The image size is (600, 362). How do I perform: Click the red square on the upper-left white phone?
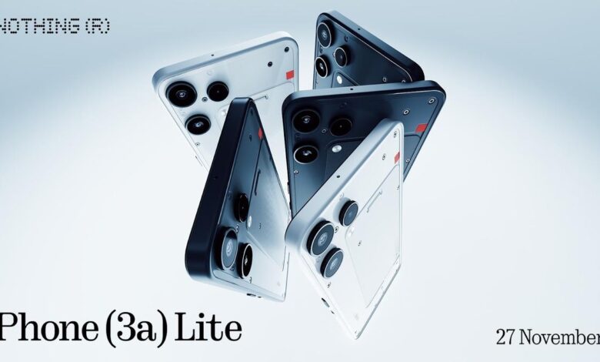[291, 75]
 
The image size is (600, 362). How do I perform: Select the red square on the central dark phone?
[422, 128]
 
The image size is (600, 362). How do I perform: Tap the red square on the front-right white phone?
[397, 157]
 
